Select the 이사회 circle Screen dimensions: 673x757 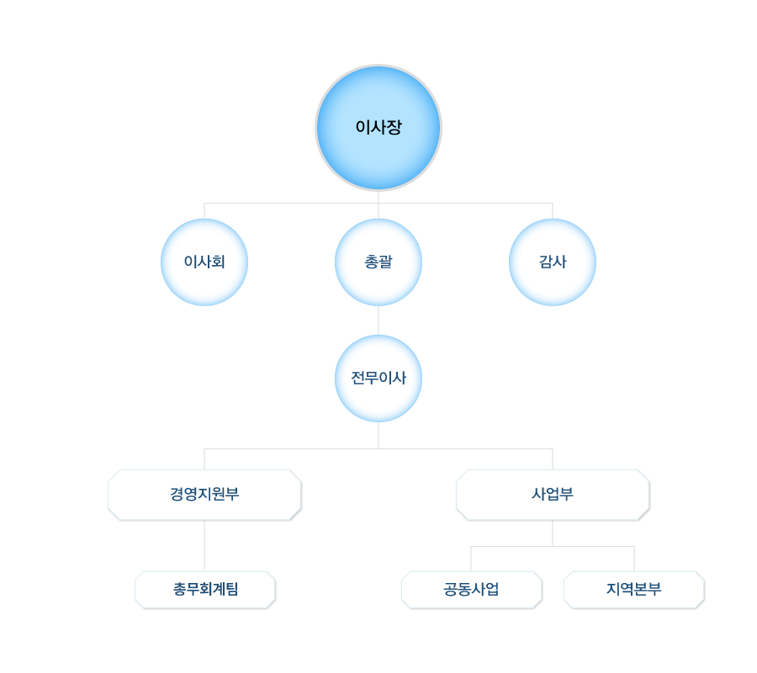[x=204, y=262]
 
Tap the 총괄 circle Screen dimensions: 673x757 [x=378, y=262]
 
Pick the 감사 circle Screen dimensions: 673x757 [x=553, y=262]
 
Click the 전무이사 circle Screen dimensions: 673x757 [x=378, y=379]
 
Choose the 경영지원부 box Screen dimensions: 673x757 [x=204, y=495]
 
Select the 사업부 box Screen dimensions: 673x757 [x=553, y=495]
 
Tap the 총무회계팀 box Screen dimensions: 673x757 [x=205, y=589]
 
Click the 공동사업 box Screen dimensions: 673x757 [x=471, y=589]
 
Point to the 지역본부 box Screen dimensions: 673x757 [x=633, y=589]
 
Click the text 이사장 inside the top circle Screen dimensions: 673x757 [x=378, y=128]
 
